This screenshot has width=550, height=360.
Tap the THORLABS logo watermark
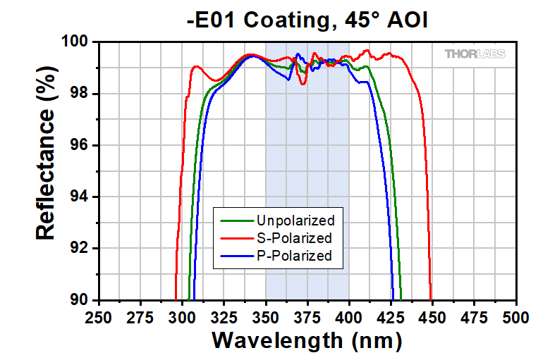pos(475,54)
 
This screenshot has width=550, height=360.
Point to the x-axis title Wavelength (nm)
pos(307,341)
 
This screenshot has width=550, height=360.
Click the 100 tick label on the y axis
pos(76,42)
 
